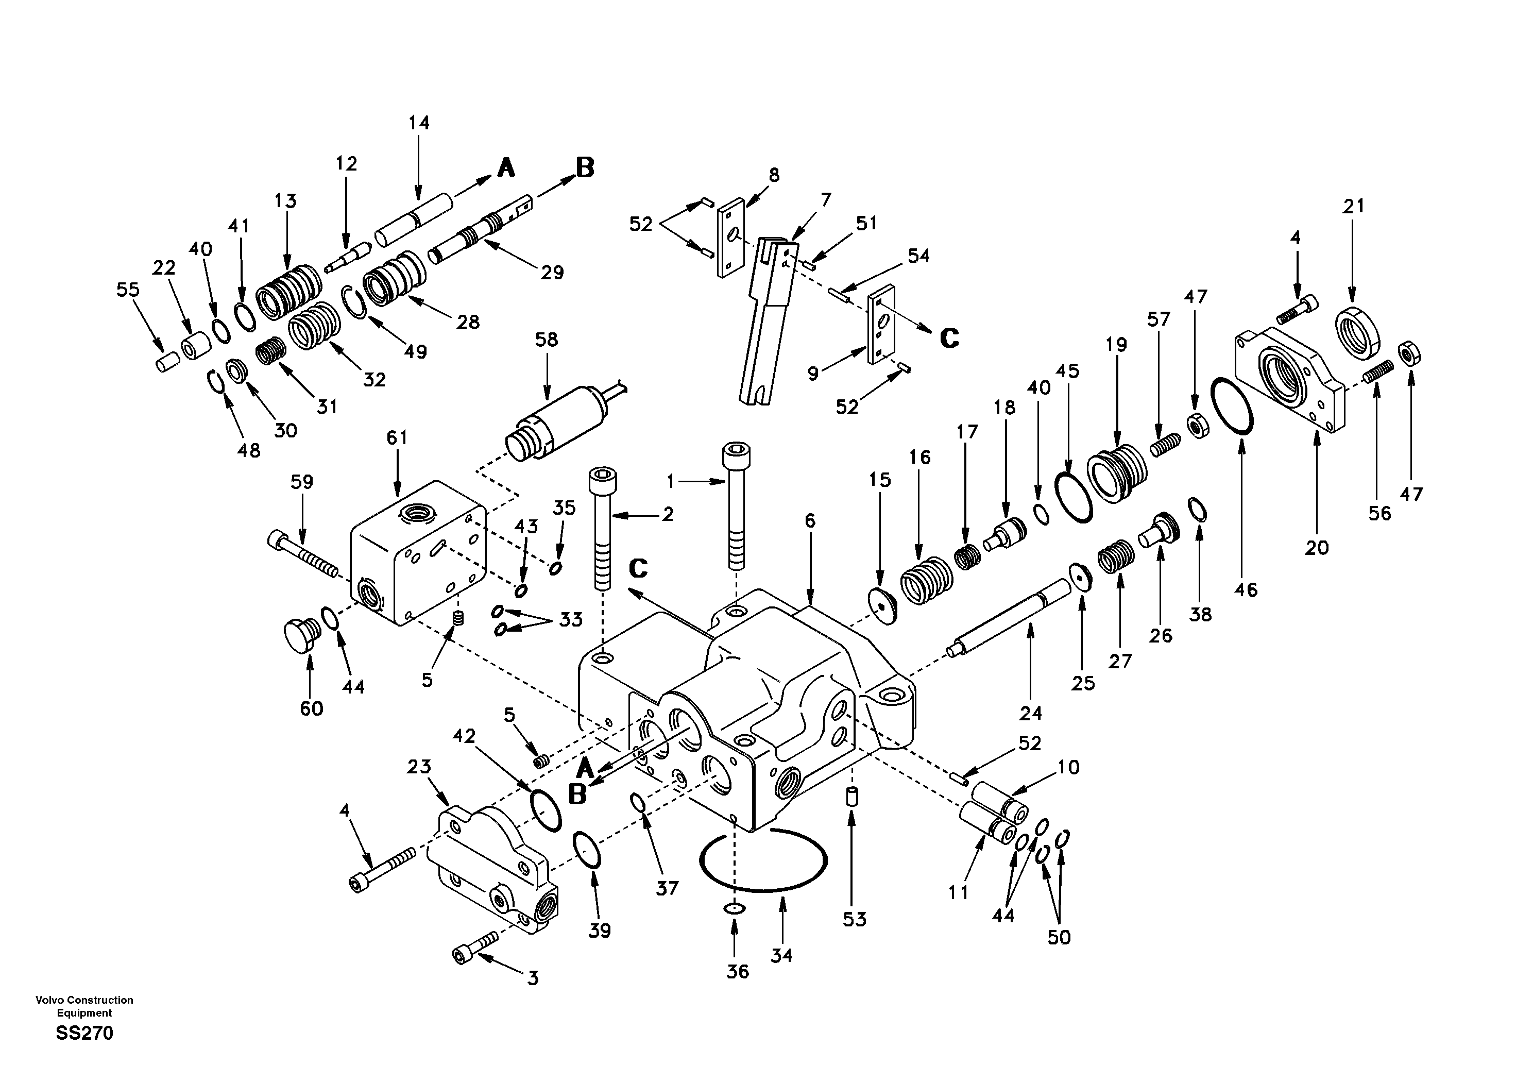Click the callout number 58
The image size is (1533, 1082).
(546, 340)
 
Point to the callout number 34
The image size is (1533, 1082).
(781, 956)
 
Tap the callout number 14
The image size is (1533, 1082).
(419, 123)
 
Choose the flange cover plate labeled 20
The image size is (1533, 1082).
(1289, 380)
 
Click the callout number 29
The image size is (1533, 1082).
(552, 273)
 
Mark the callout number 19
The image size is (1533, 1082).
(1116, 345)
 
